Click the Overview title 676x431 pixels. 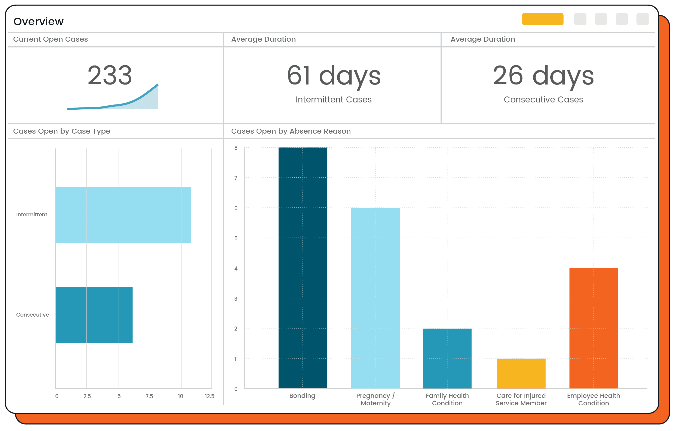[38, 22]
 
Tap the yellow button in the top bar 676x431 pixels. [542, 19]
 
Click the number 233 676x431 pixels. [109, 75]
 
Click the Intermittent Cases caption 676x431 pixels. [333, 100]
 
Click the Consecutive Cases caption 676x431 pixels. [543, 100]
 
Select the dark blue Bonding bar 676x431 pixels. [303, 268]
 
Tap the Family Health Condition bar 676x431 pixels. [447, 358]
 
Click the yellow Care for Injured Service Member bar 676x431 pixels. [521, 373]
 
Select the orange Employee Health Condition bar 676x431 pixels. [593, 328]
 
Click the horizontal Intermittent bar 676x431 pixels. [123, 215]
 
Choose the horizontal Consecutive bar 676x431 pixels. [94, 315]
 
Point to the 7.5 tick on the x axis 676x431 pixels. [149, 396]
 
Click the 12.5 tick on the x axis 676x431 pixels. [209, 396]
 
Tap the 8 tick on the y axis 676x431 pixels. [236, 148]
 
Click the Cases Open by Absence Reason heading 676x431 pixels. [291, 131]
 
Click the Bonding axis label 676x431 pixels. [302, 396]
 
